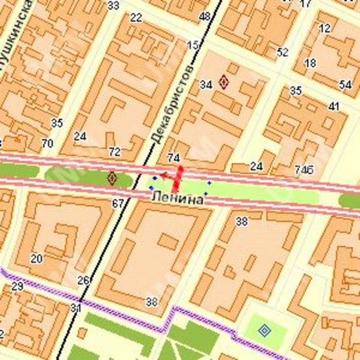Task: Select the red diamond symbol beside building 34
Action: (224, 82)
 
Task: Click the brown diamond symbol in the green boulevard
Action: (112, 177)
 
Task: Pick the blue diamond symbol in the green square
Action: (264, 331)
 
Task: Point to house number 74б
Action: (304, 170)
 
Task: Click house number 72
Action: (115, 152)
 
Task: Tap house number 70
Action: (47, 143)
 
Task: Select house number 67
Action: (117, 204)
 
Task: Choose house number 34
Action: (206, 85)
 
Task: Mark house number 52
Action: (282, 53)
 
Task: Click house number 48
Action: (206, 16)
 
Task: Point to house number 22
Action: (136, 18)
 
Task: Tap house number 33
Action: (114, 6)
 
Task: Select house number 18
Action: (310, 63)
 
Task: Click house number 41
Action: (334, 106)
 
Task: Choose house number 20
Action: (36, 258)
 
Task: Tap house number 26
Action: (83, 280)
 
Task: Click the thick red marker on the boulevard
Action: (176, 177)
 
